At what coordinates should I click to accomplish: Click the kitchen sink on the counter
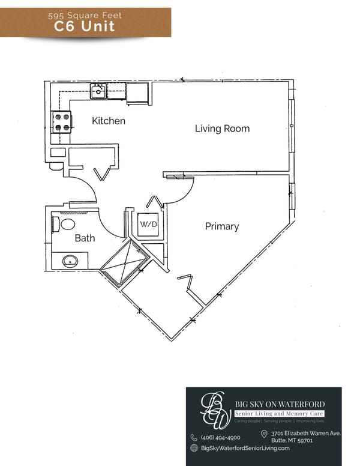pyautogui.click(x=98, y=92)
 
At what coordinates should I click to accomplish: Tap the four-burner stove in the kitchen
pyautogui.click(x=62, y=122)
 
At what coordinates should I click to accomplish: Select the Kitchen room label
pyautogui.click(x=109, y=121)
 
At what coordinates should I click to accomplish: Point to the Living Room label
pyautogui.click(x=222, y=129)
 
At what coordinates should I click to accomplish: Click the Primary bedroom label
pyautogui.click(x=222, y=226)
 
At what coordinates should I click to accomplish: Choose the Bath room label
pyautogui.click(x=85, y=238)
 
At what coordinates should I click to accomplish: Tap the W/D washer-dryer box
pyautogui.click(x=148, y=225)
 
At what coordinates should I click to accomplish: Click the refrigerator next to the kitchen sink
pyautogui.click(x=137, y=93)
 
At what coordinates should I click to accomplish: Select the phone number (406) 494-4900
pyautogui.click(x=220, y=437)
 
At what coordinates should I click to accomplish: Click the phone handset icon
pyautogui.click(x=194, y=438)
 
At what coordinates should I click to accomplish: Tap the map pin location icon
pyautogui.click(x=264, y=434)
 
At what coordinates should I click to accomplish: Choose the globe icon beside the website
pyautogui.click(x=194, y=448)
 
